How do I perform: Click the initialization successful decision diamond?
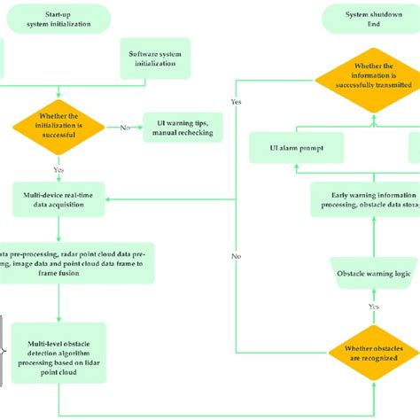58,128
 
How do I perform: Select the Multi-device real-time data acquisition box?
60,198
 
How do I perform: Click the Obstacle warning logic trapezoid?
373,274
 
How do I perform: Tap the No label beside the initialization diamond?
125,128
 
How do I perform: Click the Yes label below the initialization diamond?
58,168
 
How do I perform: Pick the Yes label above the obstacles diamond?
373,306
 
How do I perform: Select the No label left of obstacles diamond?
237,256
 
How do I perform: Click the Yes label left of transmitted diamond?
237,102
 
